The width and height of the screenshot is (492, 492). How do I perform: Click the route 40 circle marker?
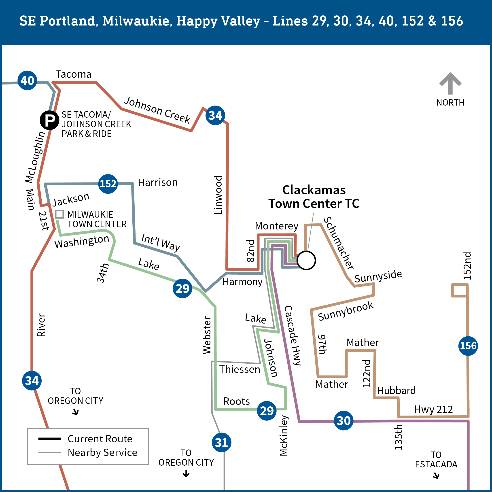[x=27, y=81]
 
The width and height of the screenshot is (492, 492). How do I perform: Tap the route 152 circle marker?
[x=108, y=184]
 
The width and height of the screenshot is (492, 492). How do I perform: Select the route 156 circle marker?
[x=468, y=346]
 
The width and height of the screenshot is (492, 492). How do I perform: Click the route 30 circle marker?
[x=344, y=421]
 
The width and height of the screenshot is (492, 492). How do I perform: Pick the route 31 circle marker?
[x=222, y=443]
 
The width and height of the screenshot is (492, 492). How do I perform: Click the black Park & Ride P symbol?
[x=49, y=120]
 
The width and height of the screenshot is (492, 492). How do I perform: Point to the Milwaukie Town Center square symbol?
[x=59, y=214]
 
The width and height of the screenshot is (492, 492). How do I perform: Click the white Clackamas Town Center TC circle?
[x=306, y=260]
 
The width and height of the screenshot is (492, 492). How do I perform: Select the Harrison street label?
[x=158, y=182]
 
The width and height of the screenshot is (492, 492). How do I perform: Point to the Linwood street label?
[x=218, y=195]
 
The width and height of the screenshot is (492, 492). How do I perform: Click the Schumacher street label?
[x=338, y=243]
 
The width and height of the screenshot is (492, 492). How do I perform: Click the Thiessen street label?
[x=240, y=369]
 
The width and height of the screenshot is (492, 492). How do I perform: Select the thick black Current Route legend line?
[x=50, y=439]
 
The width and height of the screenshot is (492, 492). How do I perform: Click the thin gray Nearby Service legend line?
[x=50, y=452]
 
